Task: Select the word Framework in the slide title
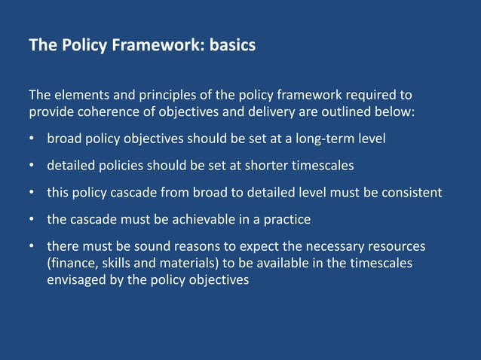pos(155,45)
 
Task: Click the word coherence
pos(107,112)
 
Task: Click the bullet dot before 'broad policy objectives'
pos(32,139)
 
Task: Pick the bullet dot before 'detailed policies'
pos(32,165)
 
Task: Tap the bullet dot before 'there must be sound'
pos(32,246)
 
